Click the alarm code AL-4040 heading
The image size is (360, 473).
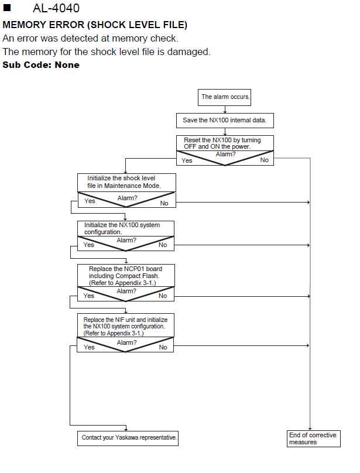tap(56, 8)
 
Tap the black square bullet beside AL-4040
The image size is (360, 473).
tap(7, 8)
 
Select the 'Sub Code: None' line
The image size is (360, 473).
tap(41, 65)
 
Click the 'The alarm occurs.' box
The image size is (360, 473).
tap(224, 97)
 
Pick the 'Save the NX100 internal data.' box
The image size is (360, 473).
tap(225, 121)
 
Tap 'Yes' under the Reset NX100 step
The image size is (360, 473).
tap(187, 160)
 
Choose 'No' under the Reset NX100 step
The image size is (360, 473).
tap(265, 160)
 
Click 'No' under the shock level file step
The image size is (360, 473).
tap(164, 203)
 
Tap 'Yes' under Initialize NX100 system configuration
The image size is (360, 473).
tap(89, 245)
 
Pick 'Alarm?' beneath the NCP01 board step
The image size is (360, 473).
tap(126, 291)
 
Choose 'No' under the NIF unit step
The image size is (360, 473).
tap(163, 347)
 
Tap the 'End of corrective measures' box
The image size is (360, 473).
tap(314, 438)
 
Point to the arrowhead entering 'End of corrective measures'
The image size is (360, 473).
tap(310, 429)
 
